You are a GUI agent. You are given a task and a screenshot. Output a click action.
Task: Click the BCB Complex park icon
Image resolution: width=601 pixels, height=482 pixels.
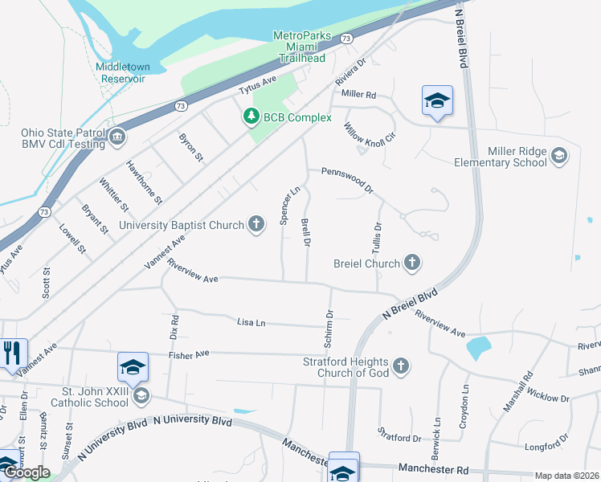pos(251,117)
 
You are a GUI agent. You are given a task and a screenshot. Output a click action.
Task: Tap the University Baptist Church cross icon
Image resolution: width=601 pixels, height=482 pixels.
pos(256,224)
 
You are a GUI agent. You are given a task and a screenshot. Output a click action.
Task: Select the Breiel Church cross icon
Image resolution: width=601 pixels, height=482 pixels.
pos(411,263)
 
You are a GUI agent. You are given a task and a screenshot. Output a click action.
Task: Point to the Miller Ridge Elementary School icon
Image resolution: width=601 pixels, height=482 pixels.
pos(559,156)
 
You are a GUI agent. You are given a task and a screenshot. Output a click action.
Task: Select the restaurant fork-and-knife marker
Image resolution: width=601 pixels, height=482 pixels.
pos(13,353)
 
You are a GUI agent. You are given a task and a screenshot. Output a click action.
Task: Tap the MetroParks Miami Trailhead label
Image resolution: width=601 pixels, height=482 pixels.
pos(299,47)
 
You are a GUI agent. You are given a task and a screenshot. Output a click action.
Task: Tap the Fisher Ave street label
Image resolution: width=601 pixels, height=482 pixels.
pos(189,353)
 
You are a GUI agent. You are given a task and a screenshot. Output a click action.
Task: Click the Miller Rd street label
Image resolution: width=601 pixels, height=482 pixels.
pos(358,94)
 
